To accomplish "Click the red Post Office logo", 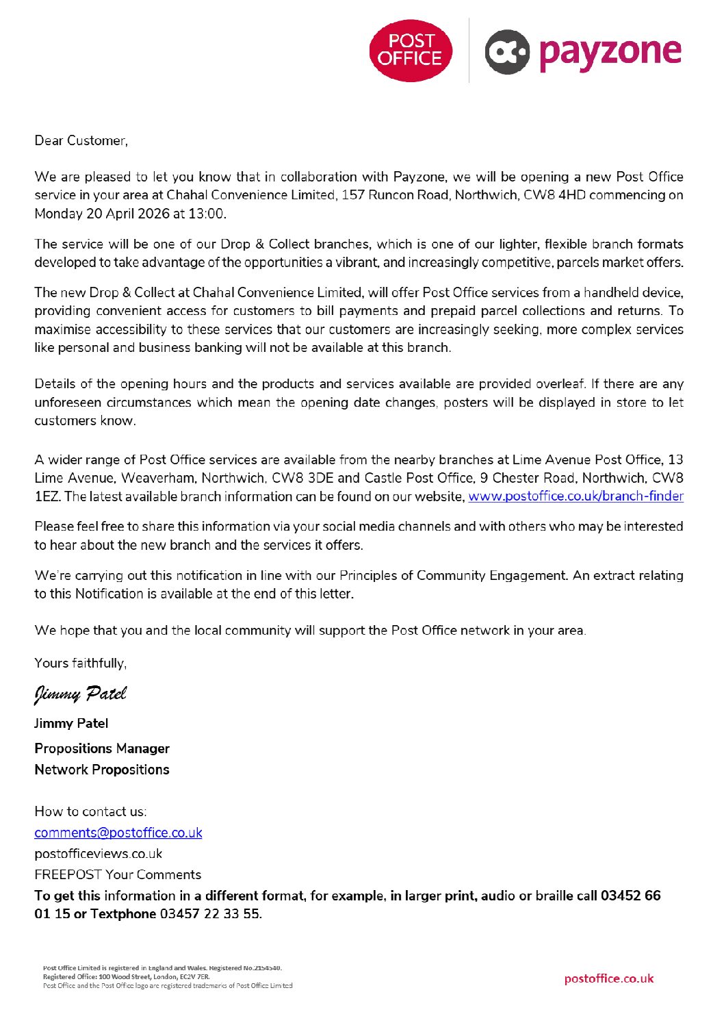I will point(411,51).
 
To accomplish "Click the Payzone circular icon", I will point(507,51).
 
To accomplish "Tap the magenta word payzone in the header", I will point(610,53).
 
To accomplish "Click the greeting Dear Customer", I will point(81,141).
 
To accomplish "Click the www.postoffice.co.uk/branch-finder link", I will point(576,496).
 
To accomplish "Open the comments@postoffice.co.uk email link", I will point(118,833).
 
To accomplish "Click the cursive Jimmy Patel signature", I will point(81,694).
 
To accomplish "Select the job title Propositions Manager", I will point(102,748).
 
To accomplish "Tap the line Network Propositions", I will point(102,770).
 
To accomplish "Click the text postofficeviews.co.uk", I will point(98,854).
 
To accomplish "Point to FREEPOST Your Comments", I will point(118,875).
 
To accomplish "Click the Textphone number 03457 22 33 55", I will point(210,914).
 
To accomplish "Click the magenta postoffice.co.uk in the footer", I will point(608,978).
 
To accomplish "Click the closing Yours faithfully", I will point(80,663).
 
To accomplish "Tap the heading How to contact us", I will point(90,812).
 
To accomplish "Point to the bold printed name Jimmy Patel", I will point(71,724).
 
